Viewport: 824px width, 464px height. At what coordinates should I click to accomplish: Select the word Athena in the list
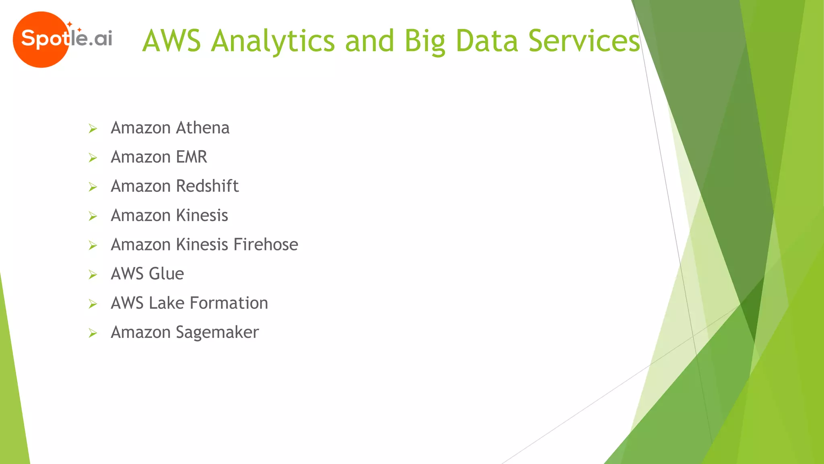[x=202, y=128]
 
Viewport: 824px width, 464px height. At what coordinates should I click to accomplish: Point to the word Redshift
[x=207, y=186]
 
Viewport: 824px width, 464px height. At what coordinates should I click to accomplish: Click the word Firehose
[x=266, y=245]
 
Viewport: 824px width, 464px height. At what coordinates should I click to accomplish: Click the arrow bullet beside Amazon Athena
[x=93, y=129]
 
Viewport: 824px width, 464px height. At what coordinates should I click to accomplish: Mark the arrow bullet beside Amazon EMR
[x=93, y=158]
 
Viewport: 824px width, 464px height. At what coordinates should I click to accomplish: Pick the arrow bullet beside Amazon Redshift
[x=93, y=187]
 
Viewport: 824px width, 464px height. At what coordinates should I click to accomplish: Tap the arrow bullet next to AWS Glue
[x=93, y=275]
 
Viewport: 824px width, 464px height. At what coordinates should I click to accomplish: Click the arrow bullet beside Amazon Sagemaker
[x=93, y=333]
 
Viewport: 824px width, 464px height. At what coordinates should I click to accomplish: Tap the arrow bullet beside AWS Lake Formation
[x=93, y=304]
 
